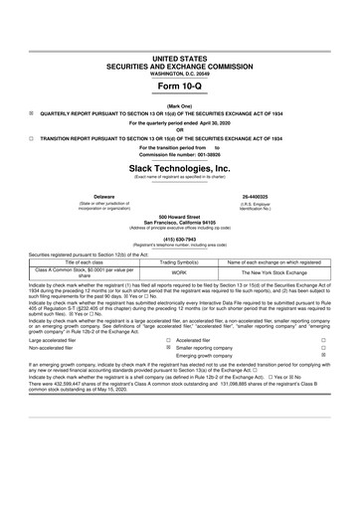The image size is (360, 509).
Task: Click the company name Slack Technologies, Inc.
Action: click(x=179, y=169)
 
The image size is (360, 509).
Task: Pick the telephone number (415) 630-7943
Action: click(x=179, y=239)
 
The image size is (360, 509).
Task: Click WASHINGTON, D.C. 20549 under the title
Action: click(x=179, y=47)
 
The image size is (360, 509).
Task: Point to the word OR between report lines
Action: click(x=180, y=129)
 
